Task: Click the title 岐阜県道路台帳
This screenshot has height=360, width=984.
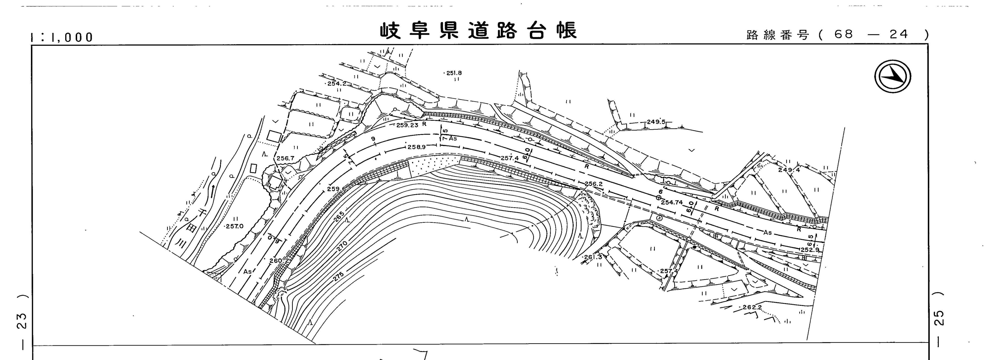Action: (478, 31)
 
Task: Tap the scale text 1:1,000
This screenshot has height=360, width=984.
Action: (62, 37)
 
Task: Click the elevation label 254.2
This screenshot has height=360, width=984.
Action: (336, 83)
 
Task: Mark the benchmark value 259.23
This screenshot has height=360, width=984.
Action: (407, 125)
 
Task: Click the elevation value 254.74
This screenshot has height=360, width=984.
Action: (672, 202)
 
